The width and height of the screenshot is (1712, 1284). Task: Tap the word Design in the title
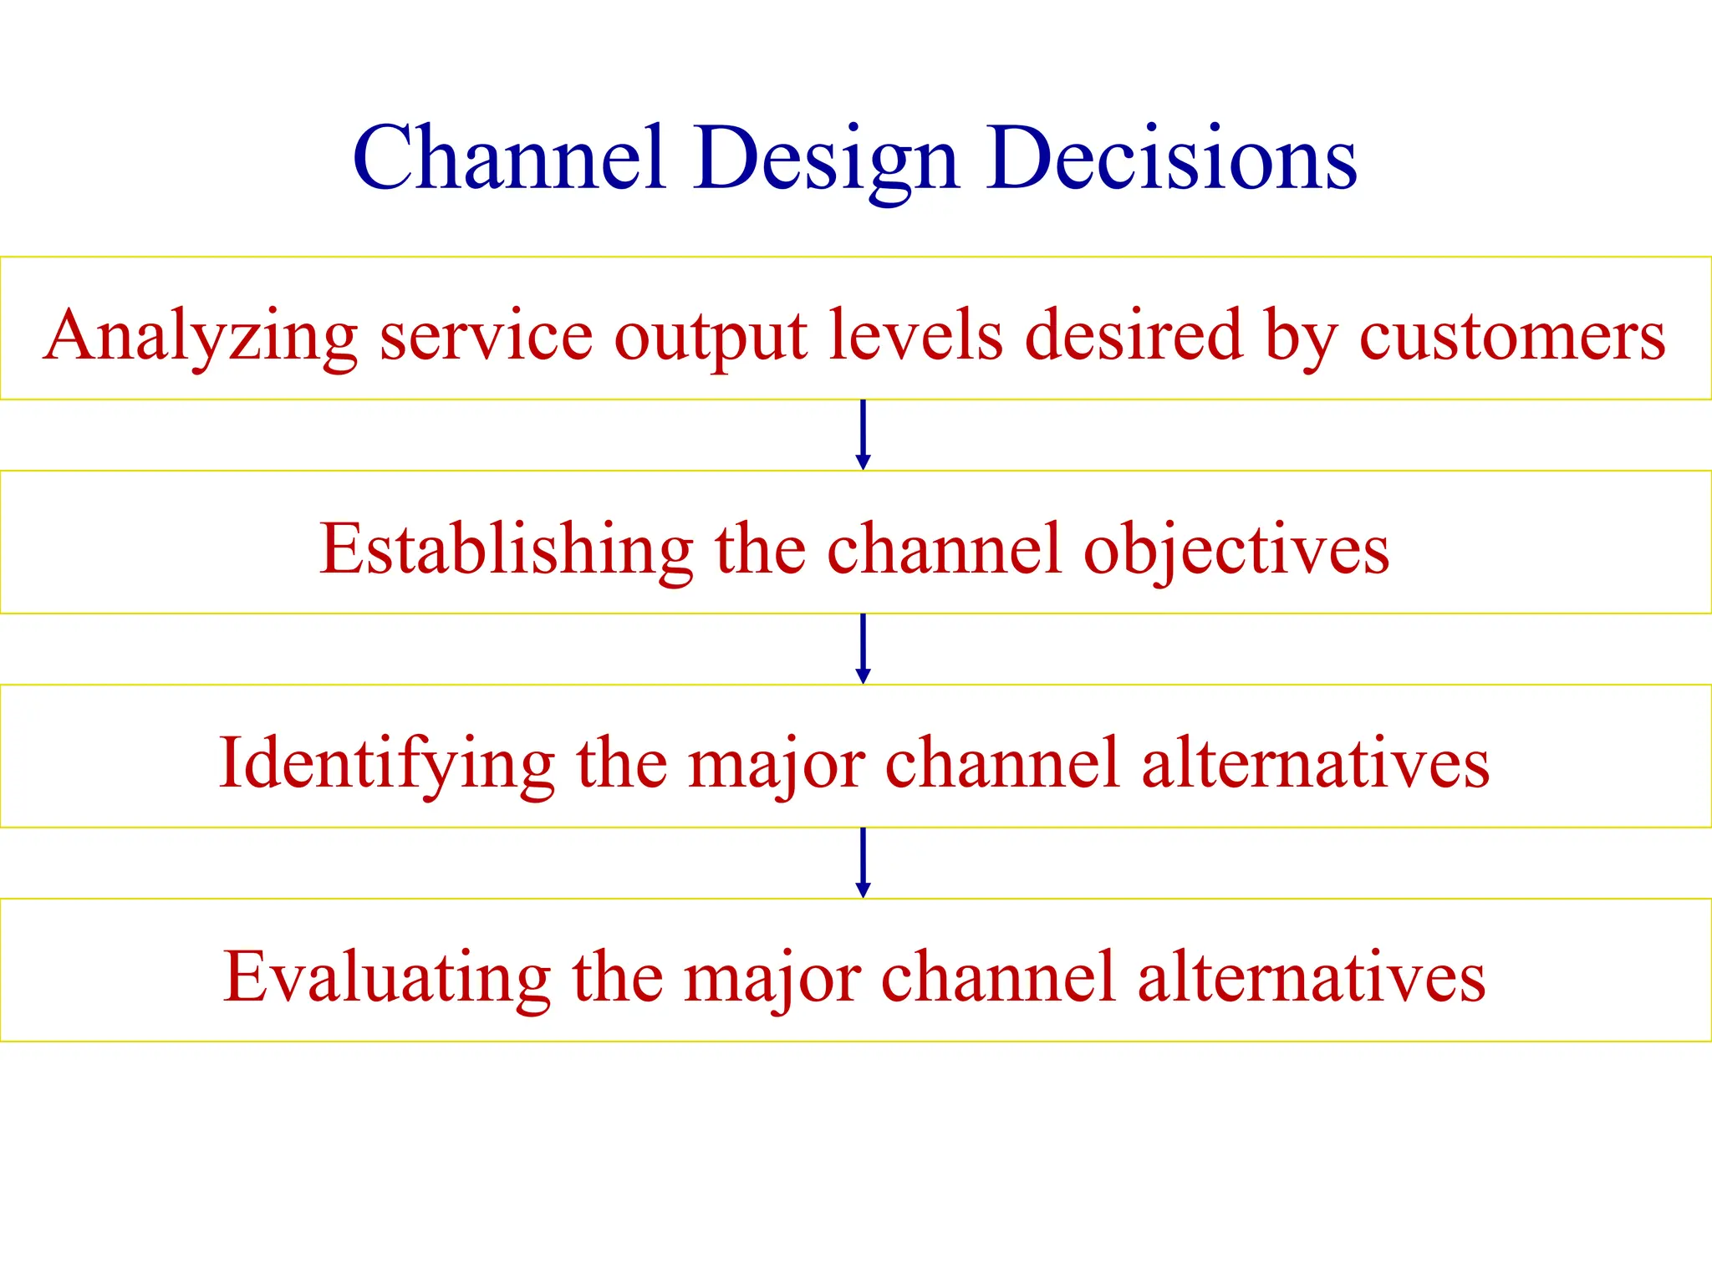825,159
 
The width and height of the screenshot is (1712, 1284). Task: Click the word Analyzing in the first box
201,335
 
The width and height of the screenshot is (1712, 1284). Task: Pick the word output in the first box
711,337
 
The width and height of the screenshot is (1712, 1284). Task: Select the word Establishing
506,549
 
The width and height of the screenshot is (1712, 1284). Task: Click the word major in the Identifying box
776,763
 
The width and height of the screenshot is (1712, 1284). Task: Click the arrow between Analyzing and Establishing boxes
864,436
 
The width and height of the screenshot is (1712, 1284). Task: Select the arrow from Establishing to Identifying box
864,650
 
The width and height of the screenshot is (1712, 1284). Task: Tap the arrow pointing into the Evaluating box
864,864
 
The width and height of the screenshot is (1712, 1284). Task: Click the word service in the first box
486,335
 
